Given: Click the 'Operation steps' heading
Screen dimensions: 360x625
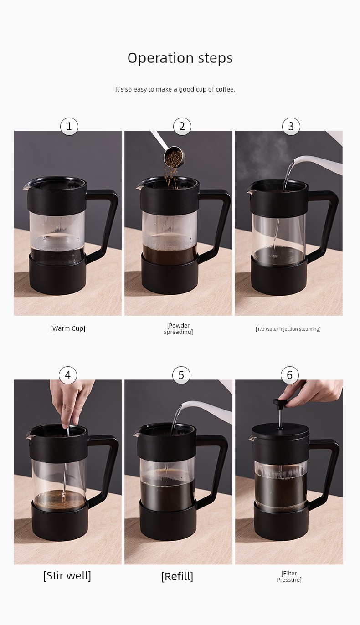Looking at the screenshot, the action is click(x=180, y=58).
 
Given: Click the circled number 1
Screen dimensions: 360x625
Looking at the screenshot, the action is click(x=69, y=126).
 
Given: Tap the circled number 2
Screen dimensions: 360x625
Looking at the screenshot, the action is click(x=182, y=126).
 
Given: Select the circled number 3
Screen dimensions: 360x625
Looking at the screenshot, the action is click(x=291, y=126).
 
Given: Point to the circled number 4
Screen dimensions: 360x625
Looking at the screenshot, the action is click(x=67, y=375).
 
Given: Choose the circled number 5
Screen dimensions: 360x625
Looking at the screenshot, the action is click(x=181, y=375).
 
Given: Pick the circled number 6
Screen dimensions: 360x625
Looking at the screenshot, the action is click(x=289, y=375).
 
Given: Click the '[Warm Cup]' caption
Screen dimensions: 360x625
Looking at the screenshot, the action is click(x=68, y=328).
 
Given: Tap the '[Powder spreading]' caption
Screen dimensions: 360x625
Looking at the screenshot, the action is click(x=178, y=329).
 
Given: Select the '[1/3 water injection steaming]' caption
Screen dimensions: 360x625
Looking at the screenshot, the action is click(x=288, y=329).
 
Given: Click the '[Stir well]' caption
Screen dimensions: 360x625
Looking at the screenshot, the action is click(x=67, y=576).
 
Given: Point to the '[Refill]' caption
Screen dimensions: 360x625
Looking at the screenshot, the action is click(x=177, y=576).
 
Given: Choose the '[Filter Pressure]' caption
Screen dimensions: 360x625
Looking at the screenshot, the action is click(x=289, y=576).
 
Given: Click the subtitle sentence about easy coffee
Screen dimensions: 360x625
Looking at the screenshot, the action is click(x=175, y=89).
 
